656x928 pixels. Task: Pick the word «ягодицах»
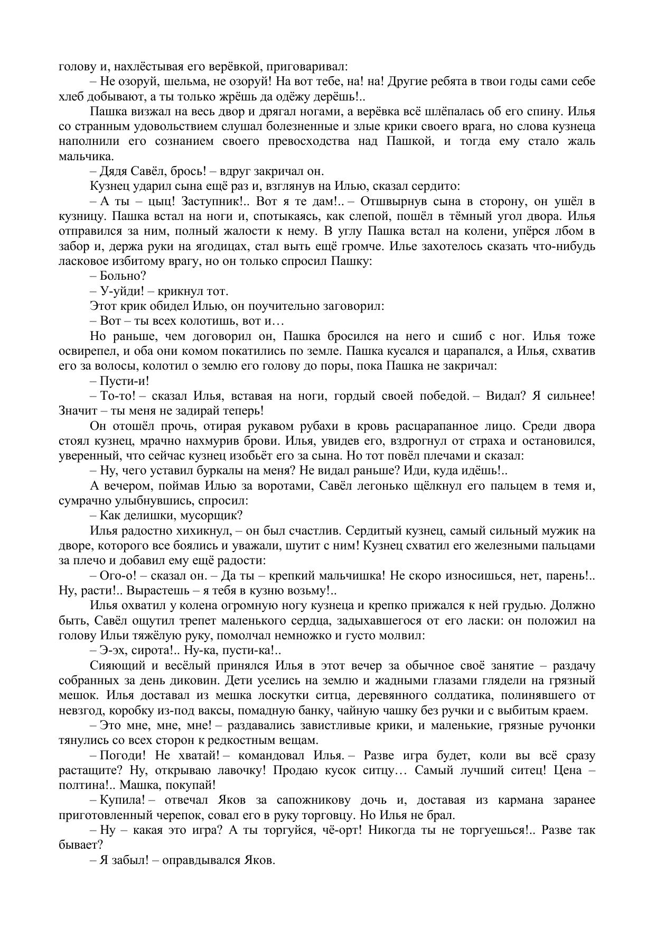click(x=212, y=246)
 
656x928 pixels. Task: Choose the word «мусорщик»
click(x=217, y=516)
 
